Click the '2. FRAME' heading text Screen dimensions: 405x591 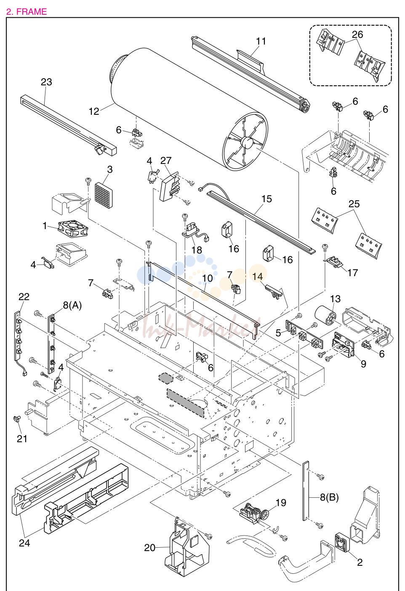click(x=27, y=12)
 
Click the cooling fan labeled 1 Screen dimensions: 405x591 click(x=73, y=228)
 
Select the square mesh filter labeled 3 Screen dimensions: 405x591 click(x=104, y=191)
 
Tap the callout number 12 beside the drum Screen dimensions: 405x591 click(x=94, y=111)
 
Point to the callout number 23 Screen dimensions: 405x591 click(x=46, y=82)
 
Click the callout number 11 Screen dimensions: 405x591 click(x=261, y=41)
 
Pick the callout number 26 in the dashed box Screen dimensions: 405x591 click(x=357, y=34)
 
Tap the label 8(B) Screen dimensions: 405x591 click(x=329, y=497)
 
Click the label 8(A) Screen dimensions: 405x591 click(x=72, y=305)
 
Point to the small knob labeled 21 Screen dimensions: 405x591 click(x=17, y=418)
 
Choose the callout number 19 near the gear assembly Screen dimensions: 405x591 click(x=281, y=503)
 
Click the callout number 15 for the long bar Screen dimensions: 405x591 click(x=266, y=199)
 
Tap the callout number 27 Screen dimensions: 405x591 click(x=166, y=161)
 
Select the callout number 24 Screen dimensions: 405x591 click(x=24, y=543)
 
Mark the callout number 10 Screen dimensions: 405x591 click(x=208, y=278)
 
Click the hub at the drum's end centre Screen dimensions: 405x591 click(x=247, y=142)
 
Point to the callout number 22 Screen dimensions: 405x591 click(x=24, y=297)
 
